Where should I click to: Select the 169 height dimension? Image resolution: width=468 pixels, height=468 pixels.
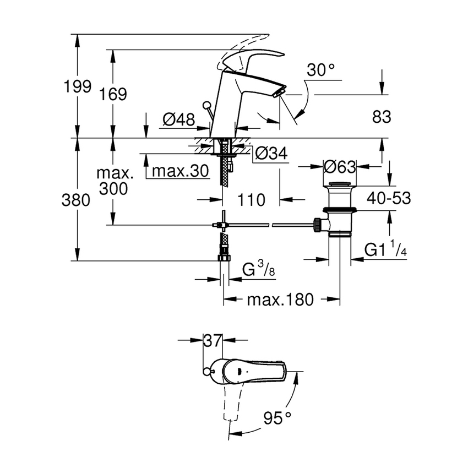pyautogui.click(x=113, y=94)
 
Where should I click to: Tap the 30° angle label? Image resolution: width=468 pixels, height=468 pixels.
pyautogui.click(x=321, y=70)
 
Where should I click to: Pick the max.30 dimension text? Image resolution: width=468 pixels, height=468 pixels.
pyautogui.click(x=180, y=171)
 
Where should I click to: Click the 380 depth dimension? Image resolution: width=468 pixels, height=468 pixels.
pyautogui.click(x=76, y=200)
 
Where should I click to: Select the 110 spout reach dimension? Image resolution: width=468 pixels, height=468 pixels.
pyautogui.click(x=252, y=200)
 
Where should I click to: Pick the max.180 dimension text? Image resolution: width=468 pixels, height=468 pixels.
pyautogui.click(x=280, y=300)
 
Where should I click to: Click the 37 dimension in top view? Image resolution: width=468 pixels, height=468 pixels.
pyautogui.click(x=212, y=341)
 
